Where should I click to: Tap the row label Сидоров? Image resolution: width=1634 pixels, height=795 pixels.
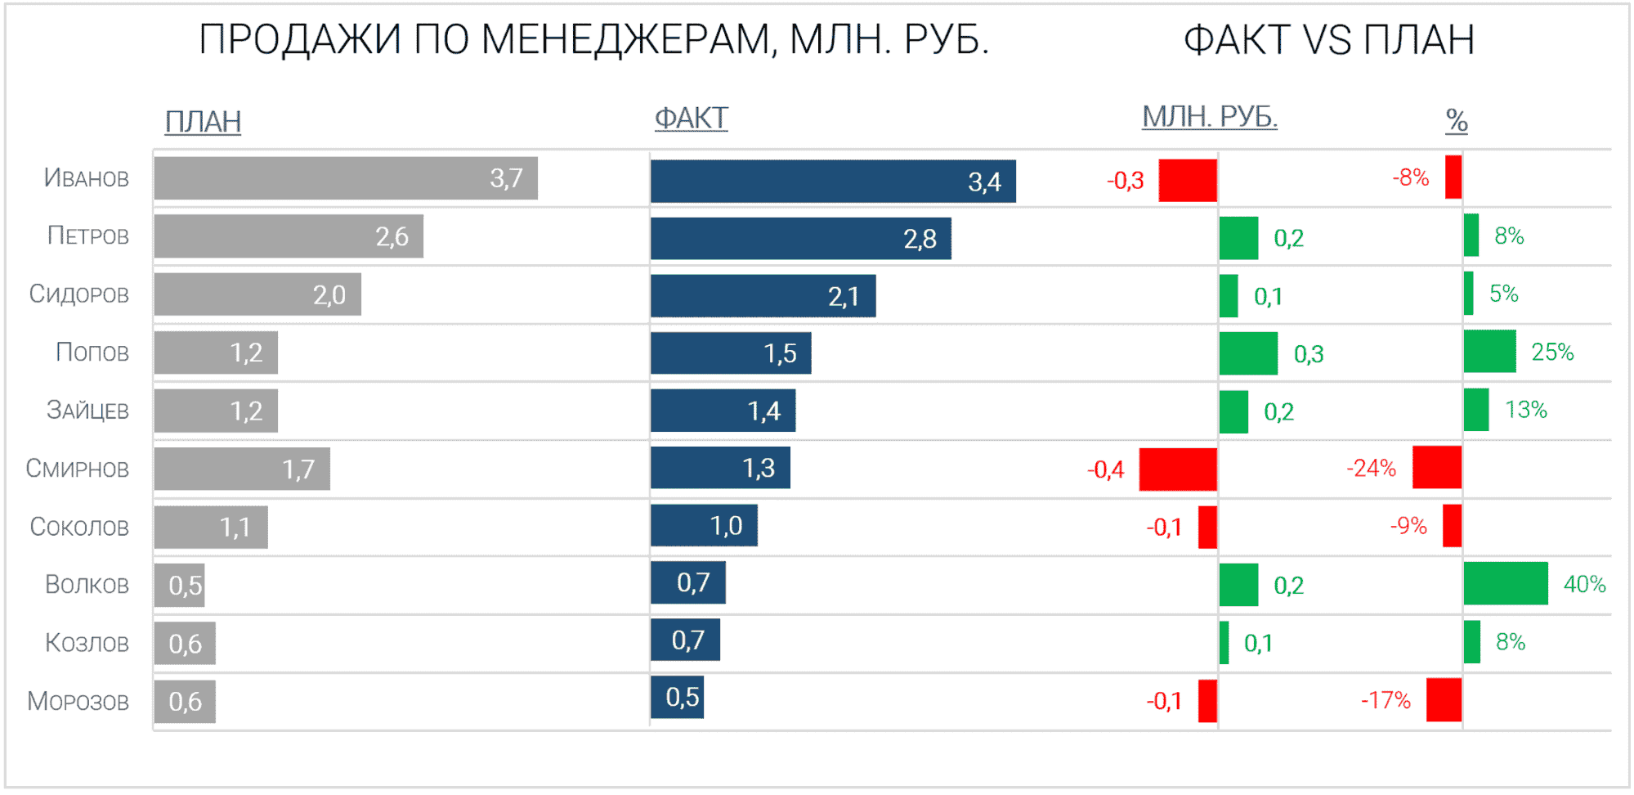[78, 294]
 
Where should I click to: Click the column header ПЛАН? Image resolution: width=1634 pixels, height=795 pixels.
[203, 122]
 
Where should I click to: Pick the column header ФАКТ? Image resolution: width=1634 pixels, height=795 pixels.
[691, 119]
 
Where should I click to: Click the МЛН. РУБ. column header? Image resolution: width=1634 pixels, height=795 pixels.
[1209, 117]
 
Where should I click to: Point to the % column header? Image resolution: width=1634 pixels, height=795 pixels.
[1456, 120]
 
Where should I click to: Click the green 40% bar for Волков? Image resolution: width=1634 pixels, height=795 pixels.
[1505, 583]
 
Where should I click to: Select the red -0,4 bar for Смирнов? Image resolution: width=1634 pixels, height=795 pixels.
[1177, 469]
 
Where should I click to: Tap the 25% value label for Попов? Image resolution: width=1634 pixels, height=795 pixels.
[1551, 353]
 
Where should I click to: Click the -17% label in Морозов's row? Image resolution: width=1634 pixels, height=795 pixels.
[1386, 700]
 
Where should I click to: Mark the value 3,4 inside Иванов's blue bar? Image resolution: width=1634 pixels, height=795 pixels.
[984, 182]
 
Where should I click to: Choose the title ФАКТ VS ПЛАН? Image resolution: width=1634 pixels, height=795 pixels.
[1328, 39]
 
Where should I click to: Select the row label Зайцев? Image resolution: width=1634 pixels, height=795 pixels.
[87, 410]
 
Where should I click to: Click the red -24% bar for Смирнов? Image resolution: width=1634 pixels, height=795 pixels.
[1436, 468]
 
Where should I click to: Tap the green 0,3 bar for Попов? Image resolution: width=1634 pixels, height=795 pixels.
[1247, 353]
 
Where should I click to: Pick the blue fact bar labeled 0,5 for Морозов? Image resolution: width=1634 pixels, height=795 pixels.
[677, 697]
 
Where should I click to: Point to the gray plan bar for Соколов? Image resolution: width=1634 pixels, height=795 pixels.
[210, 528]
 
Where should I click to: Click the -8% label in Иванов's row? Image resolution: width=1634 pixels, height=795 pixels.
[1410, 177]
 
